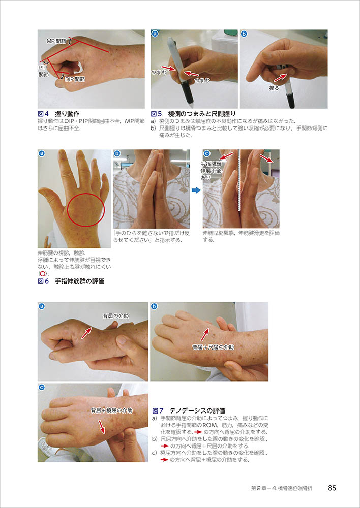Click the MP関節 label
click(56, 41)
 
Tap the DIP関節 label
click(75, 79)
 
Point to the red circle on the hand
click(85, 209)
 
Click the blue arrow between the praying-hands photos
click(196, 190)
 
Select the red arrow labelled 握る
click(280, 77)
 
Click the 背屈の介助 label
click(116, 316)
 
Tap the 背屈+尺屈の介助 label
click(213, 347)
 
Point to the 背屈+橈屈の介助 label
click(111, 411)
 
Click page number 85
click(332, 488)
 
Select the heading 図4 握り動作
click(58, 114)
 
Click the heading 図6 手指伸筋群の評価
click(71, 281)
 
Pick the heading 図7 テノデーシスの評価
click(189, 411)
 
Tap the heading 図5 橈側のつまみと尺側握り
click(193, 114)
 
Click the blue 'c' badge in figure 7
click(42, 387)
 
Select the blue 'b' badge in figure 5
click(244, 34)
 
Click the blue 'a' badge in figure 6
click(42, 153)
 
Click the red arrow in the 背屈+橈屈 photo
click(102, 427)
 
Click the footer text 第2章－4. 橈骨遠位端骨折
click(282, 488)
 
